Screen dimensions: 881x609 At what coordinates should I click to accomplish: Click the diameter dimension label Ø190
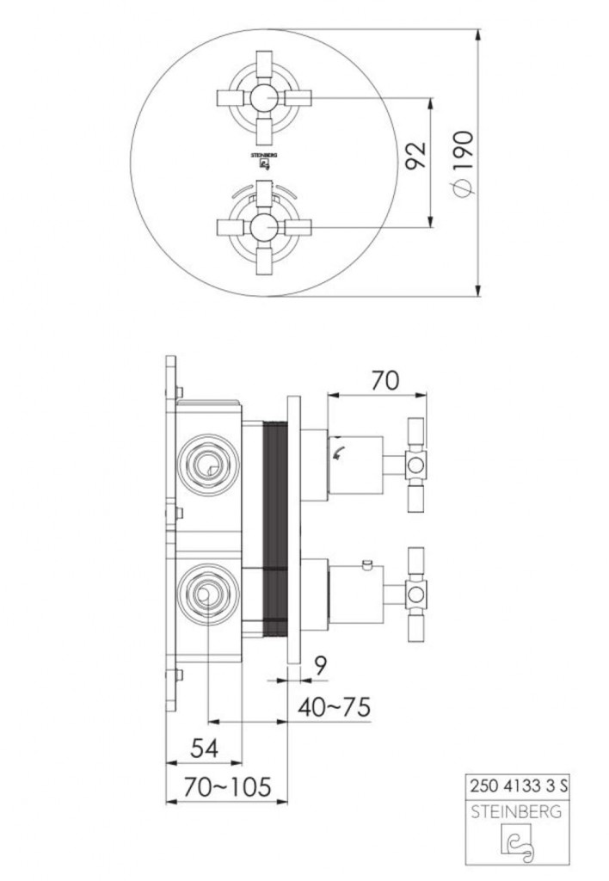pos(462,163)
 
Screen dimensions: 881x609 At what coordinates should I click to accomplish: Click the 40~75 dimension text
pos(335,707)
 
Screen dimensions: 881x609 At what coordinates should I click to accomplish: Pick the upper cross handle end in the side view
pos(416,465)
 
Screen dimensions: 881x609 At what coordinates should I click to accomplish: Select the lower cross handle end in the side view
pos(416,592)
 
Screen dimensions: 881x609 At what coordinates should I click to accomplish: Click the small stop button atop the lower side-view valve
pos(367,565)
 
